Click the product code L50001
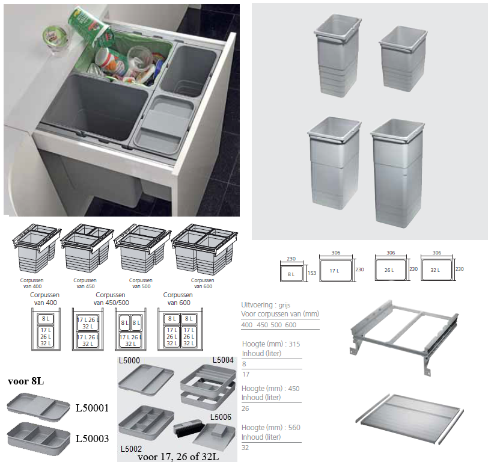point(92,408)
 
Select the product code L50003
point(92,439)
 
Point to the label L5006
point(221,417)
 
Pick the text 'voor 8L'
point(25,381)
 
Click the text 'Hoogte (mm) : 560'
point(270,427)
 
